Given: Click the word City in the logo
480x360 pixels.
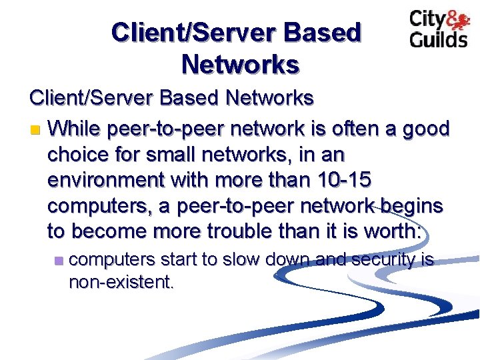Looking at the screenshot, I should click(427, 19).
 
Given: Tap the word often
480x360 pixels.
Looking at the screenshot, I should click(341, 127).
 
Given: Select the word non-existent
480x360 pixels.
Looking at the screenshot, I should click(121, 282).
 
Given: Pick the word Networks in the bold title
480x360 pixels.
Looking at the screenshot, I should click(240, 65).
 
